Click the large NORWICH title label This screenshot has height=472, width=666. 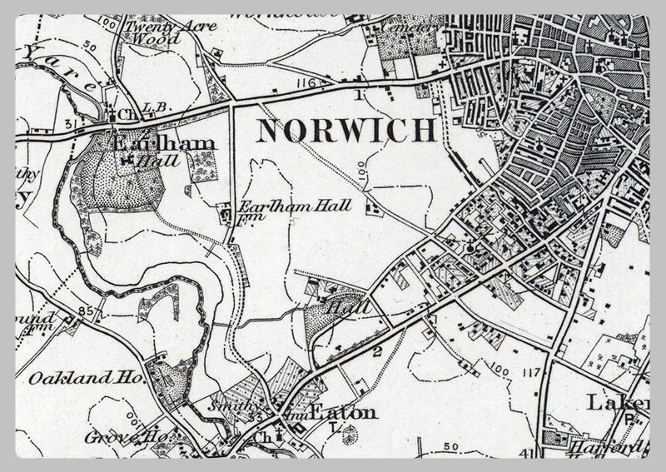(x=345, y=132)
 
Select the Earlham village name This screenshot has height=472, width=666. (x=163, y=143)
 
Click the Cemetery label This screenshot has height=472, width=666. (x=410, y=27)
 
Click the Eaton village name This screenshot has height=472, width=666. (x=343, y=412)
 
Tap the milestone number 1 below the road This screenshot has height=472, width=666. (x=359, y=95)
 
